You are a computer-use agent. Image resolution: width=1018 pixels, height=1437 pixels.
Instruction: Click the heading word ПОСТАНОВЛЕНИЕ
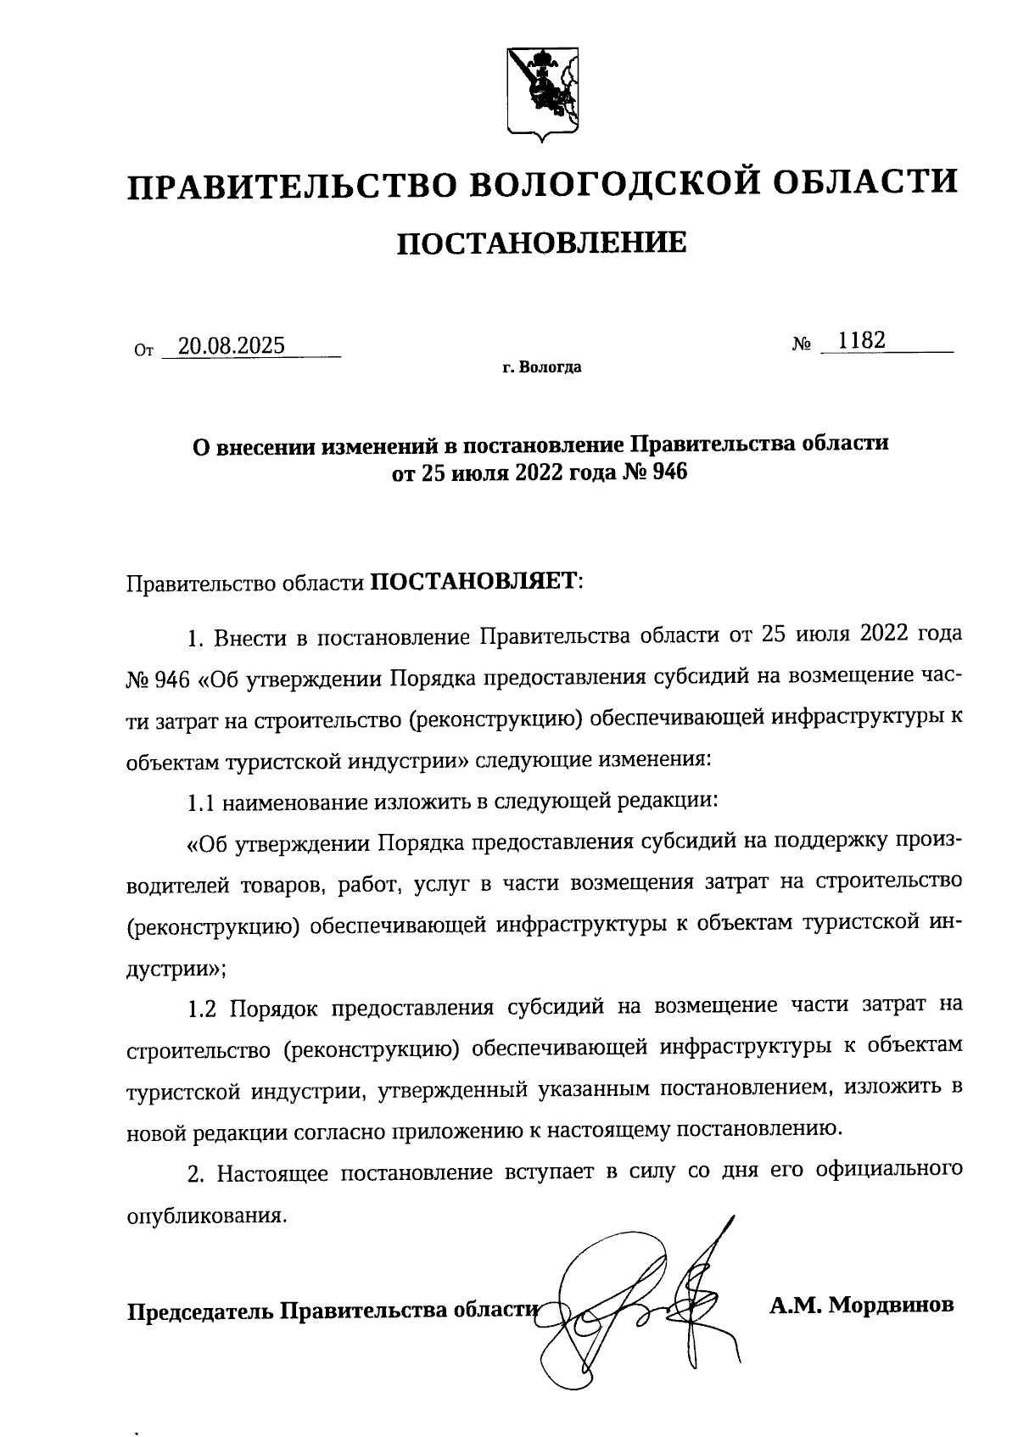pyautogui.click(x=543, y=243)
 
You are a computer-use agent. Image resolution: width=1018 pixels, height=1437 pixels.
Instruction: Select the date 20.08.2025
pyautogui.click(x=227, y=346)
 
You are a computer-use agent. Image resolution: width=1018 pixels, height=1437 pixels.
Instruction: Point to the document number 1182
pyautogui.click(x=862, y=341)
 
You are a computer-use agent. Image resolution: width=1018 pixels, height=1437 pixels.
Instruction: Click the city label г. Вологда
pyautogui.click(x=541, y=368)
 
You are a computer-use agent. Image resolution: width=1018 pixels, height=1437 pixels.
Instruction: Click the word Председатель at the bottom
pyautogui.click(x=201, y=1311)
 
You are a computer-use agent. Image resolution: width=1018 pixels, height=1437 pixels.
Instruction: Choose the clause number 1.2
pyautogui.click(x=204, y=1007)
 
